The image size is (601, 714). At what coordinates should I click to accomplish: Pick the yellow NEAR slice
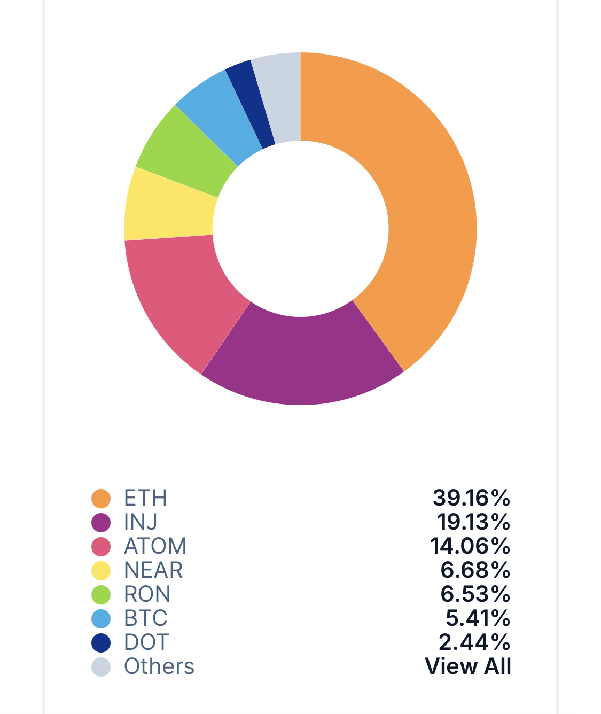169,206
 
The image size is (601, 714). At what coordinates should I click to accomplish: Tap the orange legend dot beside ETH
101,498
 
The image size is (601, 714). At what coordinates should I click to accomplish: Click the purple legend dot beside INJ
101,522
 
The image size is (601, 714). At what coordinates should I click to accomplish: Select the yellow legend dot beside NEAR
101,570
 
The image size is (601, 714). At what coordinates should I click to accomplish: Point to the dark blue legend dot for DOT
101,642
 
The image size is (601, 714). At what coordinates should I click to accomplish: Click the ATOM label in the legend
155,546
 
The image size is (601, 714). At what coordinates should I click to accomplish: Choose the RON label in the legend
147,594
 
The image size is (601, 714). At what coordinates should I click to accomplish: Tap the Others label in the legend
159,666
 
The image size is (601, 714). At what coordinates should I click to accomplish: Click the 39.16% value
471,498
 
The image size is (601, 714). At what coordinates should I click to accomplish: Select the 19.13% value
473,522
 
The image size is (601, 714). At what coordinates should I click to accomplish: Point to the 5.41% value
478,618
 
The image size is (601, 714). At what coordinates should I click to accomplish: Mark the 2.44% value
474,642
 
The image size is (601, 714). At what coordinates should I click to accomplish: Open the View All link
467,666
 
